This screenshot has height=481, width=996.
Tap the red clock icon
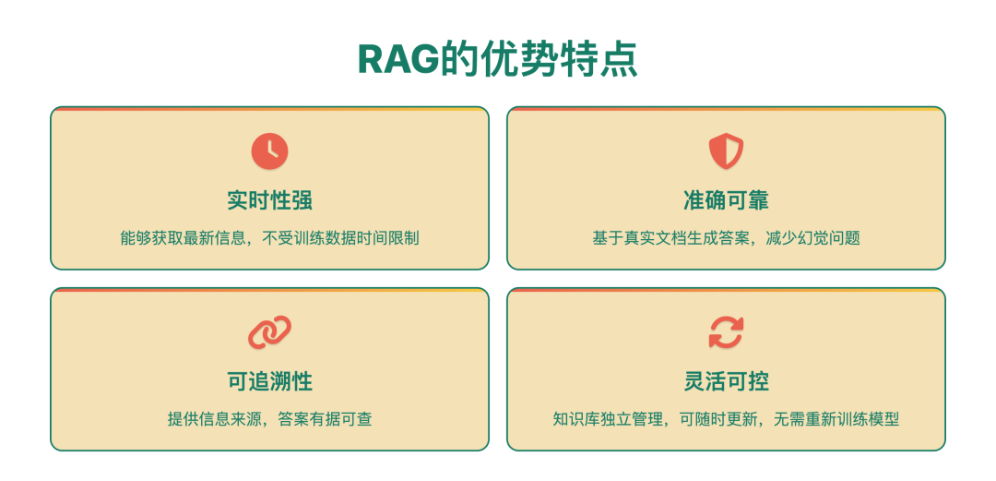pos(269,150)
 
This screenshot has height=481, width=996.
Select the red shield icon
pos(726,150)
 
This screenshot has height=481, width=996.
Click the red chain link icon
pos(269,332)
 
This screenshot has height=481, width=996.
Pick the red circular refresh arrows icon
pos(726,332)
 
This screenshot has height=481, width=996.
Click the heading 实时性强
pos(269,200)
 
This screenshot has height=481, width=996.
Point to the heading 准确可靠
pos(726,200)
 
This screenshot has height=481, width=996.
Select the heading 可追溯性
pos(269,381)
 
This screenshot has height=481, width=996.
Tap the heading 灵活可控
pos(726,381)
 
